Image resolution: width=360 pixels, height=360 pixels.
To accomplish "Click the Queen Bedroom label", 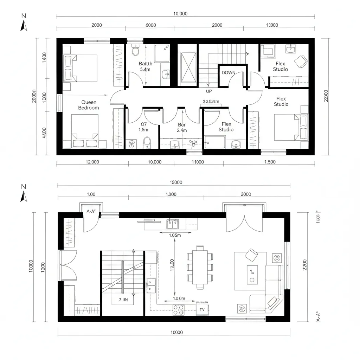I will pos(89,105).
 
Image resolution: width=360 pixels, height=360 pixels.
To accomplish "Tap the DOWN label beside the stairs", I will pos(229,73).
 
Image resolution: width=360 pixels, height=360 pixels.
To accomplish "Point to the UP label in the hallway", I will pos(209,91).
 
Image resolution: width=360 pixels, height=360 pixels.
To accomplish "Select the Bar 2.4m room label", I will pos(182,127).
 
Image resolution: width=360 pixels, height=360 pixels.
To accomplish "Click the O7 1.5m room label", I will pos(144,127).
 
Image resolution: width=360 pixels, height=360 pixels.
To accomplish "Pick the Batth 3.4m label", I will pos(146,66).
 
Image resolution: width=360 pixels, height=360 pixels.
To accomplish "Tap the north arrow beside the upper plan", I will pos(24,24).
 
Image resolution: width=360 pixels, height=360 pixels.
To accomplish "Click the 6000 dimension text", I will pos(150,25).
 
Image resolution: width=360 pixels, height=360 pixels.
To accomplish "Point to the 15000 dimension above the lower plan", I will pos(176,182).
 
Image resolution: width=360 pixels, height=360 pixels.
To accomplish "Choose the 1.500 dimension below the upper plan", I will pos(270,162).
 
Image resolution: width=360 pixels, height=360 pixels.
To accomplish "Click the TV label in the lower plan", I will pos(202,310).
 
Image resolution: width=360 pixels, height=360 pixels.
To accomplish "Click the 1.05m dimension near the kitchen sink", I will pos(175,236).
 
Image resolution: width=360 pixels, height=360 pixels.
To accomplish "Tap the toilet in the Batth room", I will pos(135,51).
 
